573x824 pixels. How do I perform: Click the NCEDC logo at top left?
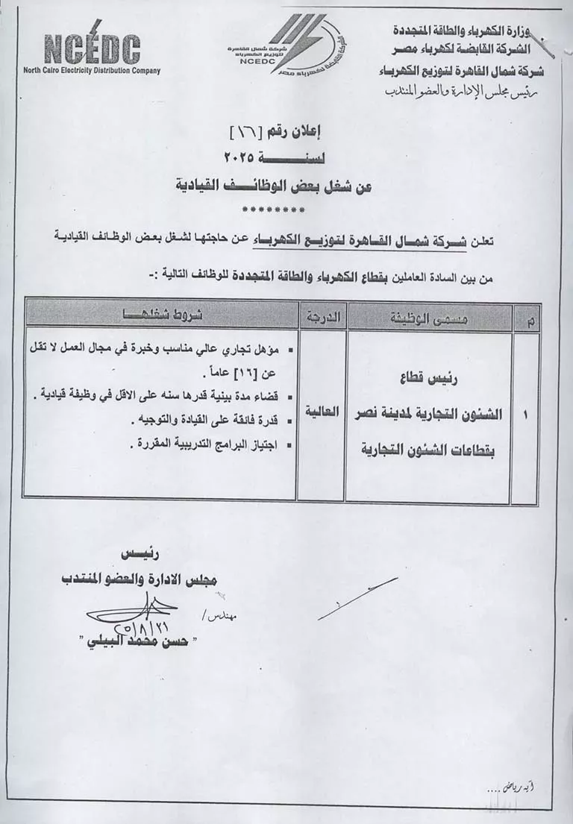pyautogui.click(x=92, y=49)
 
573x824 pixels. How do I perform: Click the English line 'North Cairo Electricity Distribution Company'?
pyautogui.click(x=92, y=72)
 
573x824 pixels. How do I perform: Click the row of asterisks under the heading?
pyautogui.click(x=274, y=210)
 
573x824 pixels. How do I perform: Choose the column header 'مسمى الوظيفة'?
pyautogui.click(x=430, y=318)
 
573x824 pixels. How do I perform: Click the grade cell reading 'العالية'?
pyautogui.click(x=322, y=411)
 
